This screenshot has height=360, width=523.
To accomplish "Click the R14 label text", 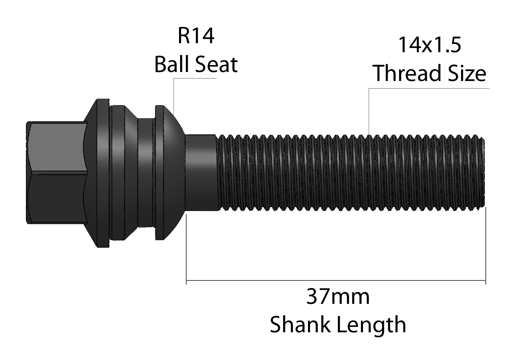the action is pyautogui.click(x=196, y=36).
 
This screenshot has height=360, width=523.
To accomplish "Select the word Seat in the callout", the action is pyautogui.click(x=216, y=64).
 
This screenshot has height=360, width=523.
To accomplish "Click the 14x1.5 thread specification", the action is pyautogui.click(x=430, y=45).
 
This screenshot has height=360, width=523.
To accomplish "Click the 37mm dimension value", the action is pyautogui.click(x=338, y=297).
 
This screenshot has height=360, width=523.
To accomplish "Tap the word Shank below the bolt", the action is pyautogui.click(x=300, y=324).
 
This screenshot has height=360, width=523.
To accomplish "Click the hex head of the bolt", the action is pyautogui.click(x=56, y=173).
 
